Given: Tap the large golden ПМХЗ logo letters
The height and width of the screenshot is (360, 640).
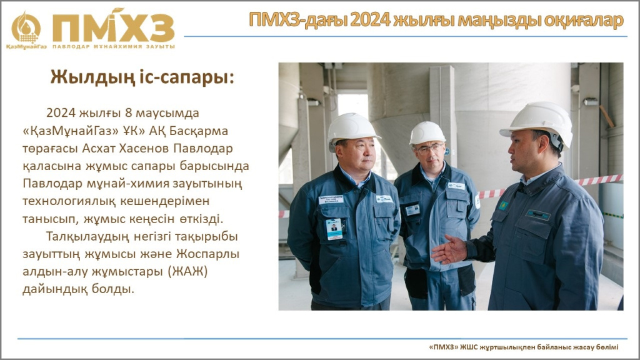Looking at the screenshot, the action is point(114,27).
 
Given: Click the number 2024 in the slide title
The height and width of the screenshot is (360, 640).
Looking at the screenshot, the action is point(370,21).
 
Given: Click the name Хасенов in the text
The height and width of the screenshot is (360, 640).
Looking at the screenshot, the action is point(144,148).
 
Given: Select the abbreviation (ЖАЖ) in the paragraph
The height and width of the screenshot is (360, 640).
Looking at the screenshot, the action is point(187,271).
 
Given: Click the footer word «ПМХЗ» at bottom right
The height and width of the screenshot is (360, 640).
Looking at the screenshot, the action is point(444,347).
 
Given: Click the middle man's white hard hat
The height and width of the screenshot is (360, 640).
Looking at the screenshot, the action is point(427,134).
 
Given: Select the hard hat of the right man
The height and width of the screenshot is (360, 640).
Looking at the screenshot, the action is point(537,122).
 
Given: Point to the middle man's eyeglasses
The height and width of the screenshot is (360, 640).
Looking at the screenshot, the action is point(429,149).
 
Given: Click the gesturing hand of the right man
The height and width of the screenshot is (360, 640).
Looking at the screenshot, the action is point(449,250).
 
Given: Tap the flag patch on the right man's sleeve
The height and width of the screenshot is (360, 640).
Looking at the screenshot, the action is point(503,205).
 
